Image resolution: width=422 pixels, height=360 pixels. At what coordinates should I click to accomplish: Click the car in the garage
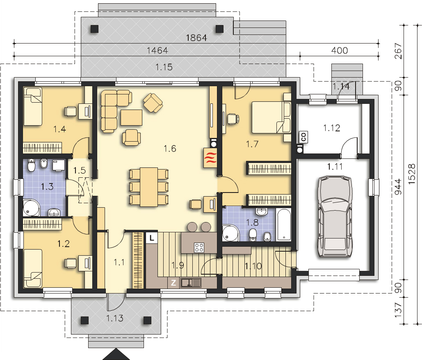click(335, 217)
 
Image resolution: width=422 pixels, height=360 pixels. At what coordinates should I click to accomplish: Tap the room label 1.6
click(170, 149)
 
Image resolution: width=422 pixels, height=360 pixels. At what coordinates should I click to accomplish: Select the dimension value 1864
click(196, 38)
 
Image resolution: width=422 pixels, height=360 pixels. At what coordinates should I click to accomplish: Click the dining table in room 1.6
click(148, 187)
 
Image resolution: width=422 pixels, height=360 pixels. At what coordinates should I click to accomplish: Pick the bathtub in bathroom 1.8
click(284, 224)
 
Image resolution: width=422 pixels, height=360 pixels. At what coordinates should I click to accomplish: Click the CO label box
click(303, 137)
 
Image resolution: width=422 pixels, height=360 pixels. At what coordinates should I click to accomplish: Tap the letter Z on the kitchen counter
click(173, 283)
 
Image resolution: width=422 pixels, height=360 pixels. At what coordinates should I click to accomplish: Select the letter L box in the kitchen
click(152, 238)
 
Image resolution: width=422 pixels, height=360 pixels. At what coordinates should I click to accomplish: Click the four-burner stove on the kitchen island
click(199, 248)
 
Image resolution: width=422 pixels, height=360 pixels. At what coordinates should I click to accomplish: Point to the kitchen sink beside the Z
click(191, 283)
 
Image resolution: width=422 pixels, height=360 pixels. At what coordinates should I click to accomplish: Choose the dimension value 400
click(340, 50)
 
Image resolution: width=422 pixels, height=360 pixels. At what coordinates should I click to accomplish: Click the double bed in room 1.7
click(271, 117)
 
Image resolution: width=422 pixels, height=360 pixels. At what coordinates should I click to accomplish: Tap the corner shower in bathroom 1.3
click(31, 208)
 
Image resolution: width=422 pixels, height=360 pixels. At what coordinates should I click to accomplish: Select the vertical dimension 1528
click(412, 174)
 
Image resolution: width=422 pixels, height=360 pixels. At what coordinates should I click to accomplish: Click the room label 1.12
click(331, 128)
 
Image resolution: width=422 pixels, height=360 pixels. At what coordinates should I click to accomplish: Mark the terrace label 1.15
click(164, 67)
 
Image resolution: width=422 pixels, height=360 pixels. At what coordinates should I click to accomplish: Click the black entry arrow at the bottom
click(116, 354)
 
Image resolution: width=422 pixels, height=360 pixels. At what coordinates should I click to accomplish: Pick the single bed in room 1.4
click(32, 106)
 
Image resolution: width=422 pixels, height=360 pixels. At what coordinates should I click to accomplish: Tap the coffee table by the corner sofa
click(131, 117)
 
